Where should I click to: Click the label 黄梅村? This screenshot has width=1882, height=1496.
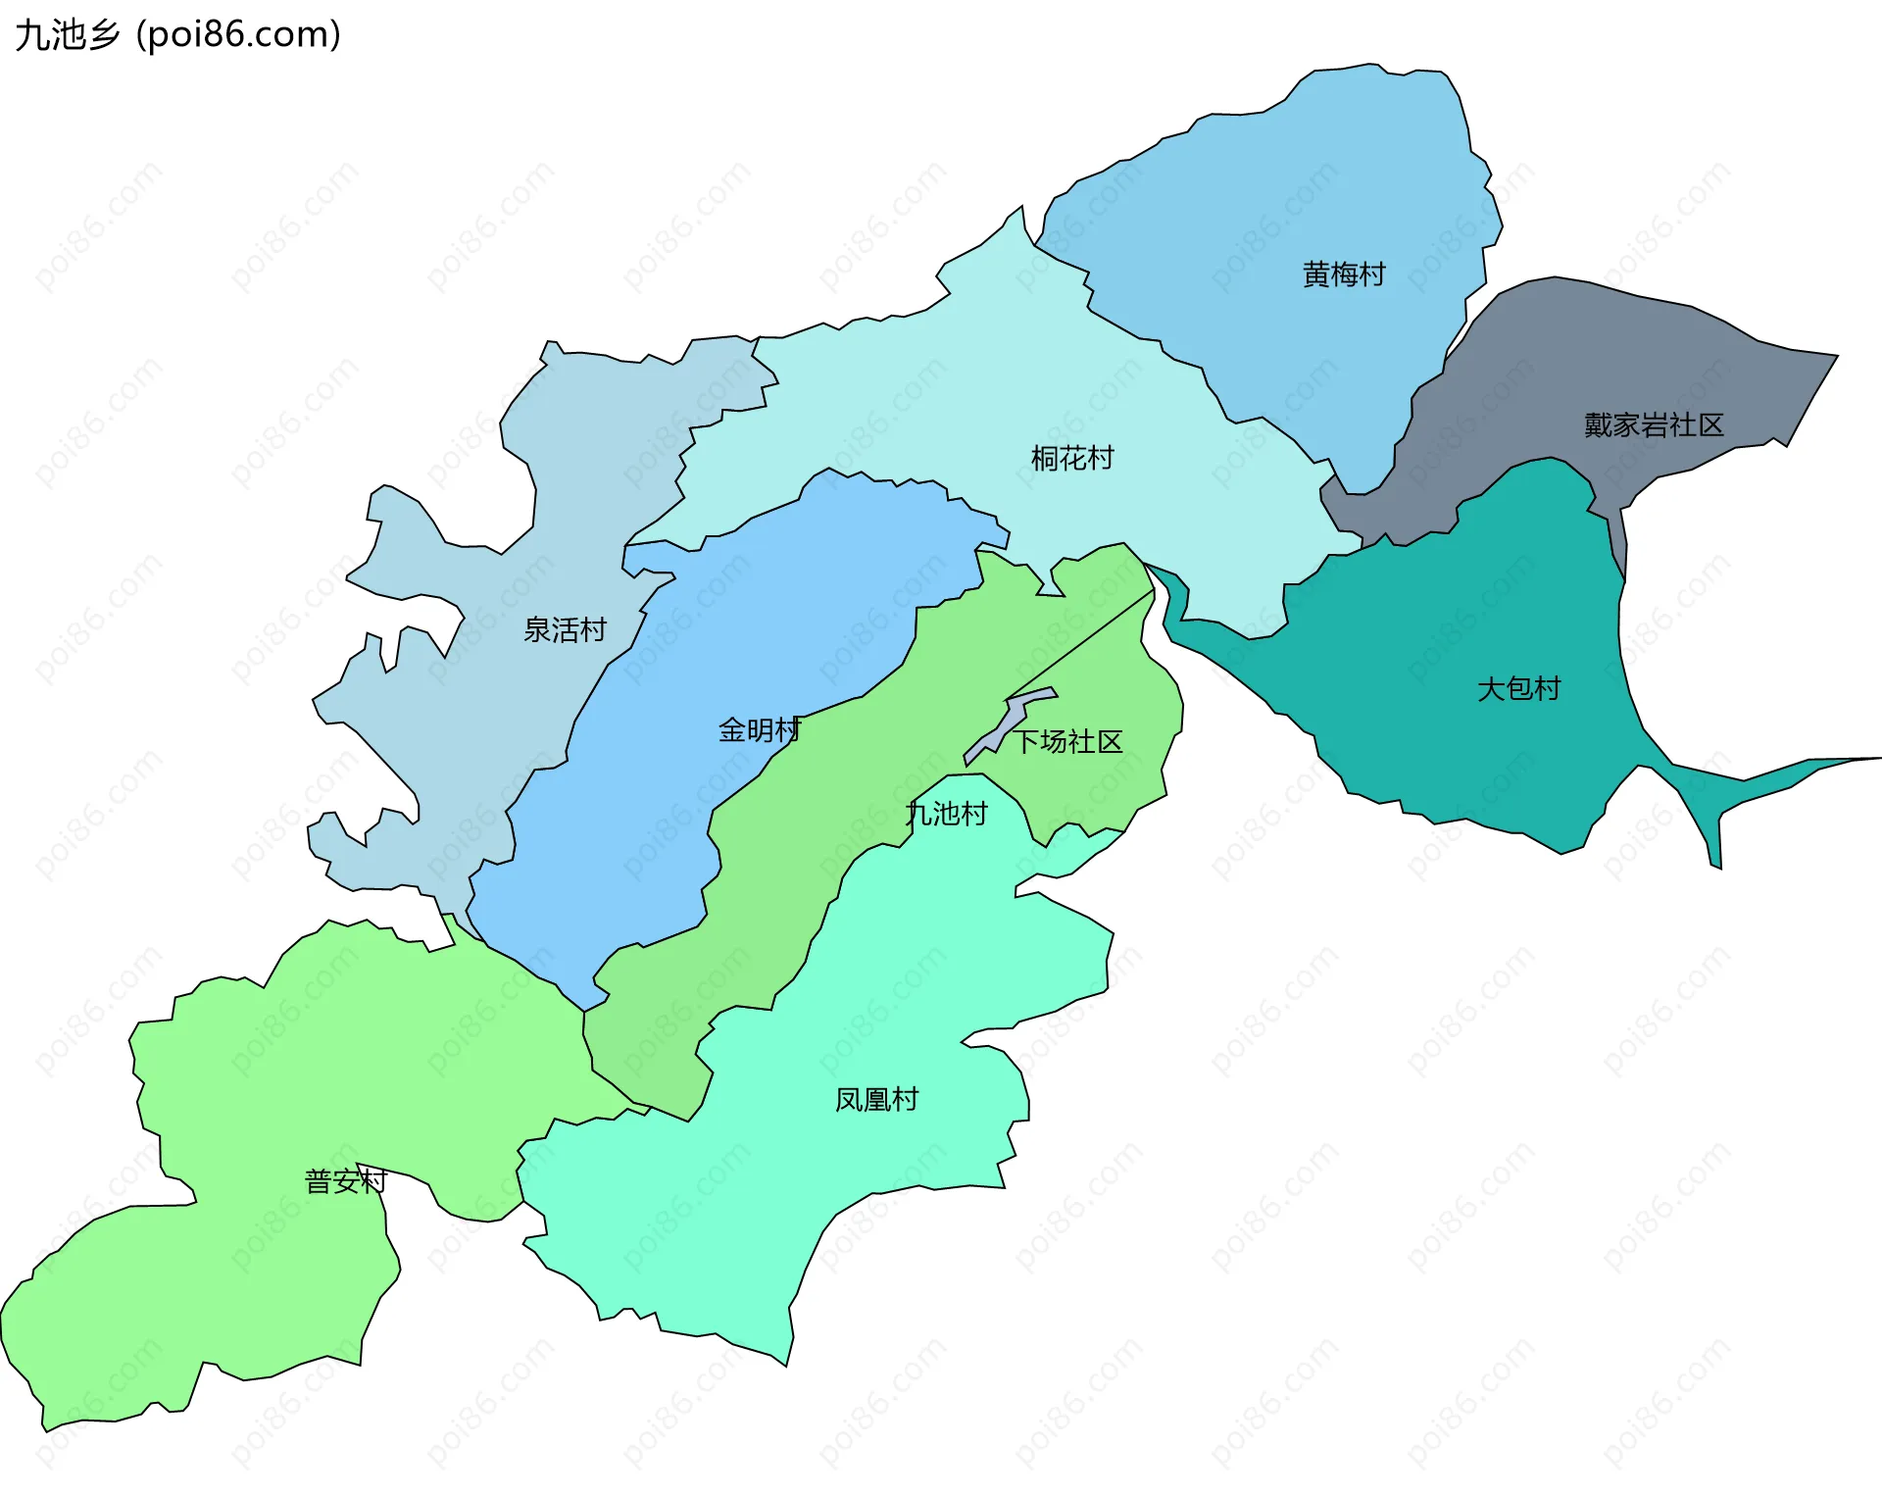tap(1343, 274)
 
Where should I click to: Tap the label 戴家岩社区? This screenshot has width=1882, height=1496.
tap(1654, 425)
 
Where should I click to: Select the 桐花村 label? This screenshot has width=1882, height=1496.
tap(1072, 458)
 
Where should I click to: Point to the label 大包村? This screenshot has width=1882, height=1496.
tap(1518, 689)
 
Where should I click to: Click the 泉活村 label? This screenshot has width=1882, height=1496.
tap(565, 629)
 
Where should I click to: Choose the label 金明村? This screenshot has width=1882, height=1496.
tap(760, 730)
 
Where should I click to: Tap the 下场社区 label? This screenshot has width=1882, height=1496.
tap(1067, 742)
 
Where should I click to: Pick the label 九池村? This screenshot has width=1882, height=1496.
tap(947, 814)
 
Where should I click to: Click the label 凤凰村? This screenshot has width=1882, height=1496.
tap(876, 1100)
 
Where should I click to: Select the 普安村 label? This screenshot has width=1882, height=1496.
tap(346, 1181)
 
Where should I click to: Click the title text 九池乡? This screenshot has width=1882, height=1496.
tap(67, 35)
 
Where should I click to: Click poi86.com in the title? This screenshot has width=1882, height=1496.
tap(238, 35)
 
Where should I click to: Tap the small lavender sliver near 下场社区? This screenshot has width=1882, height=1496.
tap(1010, 721)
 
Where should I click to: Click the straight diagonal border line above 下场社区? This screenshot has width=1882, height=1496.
tap(1078, 647)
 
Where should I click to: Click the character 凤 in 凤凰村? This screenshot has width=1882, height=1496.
tap(849, 1100)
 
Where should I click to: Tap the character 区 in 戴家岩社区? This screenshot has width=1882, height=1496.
tap(1710, 425)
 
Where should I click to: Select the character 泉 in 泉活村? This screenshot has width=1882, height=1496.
tap(537, 629)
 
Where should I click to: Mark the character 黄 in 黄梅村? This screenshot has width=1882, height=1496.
tap(1315, 274)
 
